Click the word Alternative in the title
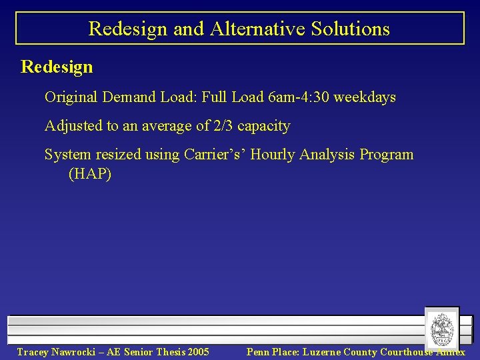(247, 29)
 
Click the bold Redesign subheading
(57, 67)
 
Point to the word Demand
(129, 97)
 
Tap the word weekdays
(365, 97)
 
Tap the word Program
(387, 155)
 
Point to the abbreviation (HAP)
(89, 175)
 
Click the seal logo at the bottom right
(441, 328)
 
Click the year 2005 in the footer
(197, 352)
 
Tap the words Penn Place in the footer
(272, 352)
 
